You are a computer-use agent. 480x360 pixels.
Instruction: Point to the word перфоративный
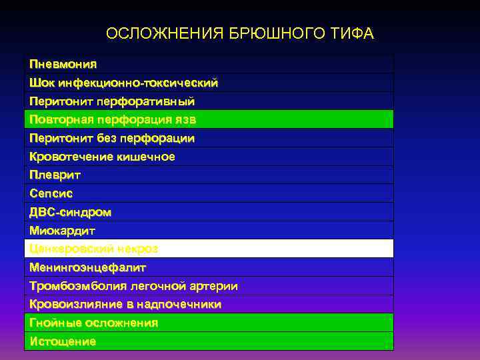pyautogui.click(x=145, y=102)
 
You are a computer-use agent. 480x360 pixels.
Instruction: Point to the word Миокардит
pyautogui.click(x=63, y=231)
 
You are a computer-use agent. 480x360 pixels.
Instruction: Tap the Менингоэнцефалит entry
pyautogui.click(x=87, y=267)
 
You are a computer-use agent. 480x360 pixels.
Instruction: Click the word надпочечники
pyautogui.click(x=180, y=304)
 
